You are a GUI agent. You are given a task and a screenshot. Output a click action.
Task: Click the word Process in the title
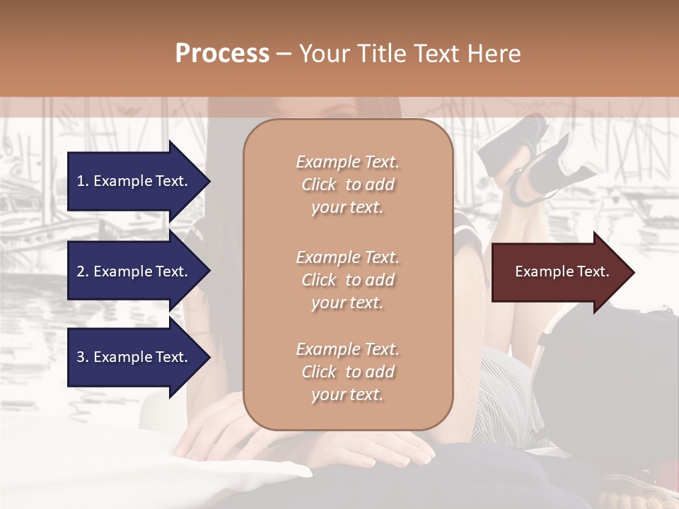222,54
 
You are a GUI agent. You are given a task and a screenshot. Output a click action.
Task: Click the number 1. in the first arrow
83,181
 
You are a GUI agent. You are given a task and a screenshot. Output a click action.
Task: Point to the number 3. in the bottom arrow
83,357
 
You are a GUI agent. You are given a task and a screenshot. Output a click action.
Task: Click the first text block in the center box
347,185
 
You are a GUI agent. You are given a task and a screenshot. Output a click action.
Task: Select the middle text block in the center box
347,280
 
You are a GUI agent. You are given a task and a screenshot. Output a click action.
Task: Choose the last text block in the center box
347,372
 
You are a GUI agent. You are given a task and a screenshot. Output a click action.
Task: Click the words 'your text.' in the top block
347,208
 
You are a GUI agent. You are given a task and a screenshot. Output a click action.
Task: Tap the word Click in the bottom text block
319,372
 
